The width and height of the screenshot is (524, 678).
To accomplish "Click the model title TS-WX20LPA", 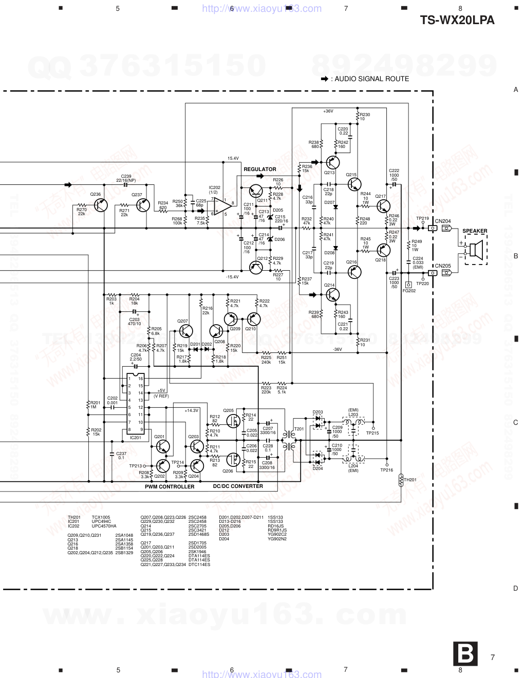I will coord(457,20).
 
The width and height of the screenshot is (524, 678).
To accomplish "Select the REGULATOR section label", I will coord(259,169).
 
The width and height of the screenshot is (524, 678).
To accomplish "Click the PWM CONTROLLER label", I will coord(170,486).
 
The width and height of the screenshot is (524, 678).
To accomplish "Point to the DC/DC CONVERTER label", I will coord(238,486).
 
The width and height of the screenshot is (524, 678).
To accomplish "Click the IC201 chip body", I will coord(136,404).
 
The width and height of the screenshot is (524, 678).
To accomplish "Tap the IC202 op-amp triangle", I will coord(221,206).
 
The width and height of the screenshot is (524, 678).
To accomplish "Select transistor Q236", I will coord(102,205).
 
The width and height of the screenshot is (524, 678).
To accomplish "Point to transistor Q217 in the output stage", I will coord(382,206).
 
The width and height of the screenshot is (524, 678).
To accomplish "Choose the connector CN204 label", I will coord(442,221).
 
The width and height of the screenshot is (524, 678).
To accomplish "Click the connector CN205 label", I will coord(442,266).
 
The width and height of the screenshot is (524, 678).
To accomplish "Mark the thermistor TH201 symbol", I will coord(401,480).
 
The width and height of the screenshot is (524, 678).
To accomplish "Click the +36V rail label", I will coord(328,111).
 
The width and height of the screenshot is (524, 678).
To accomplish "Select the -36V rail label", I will coord(337,349).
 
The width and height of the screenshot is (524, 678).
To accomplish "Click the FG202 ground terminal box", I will coord(408,285).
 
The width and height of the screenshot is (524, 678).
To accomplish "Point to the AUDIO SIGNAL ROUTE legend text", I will coord(370,79).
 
